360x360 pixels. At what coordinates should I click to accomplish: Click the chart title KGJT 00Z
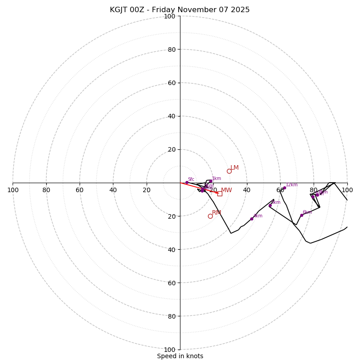[x=180, y=10]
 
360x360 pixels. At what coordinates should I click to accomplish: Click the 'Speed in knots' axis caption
[x=180, y=356]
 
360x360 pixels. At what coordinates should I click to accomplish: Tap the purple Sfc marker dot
[x=187, y=182]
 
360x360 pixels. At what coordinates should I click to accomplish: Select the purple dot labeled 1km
[x=210, y=181]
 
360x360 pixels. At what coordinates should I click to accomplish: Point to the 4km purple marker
[x=252, y=219]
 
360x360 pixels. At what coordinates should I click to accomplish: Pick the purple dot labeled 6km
[x=301, y=215]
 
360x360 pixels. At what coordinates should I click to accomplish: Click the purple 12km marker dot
[x=284, y=188]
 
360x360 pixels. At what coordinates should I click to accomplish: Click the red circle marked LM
[x=229, y=171]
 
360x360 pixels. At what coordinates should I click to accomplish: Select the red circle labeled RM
[x=210, y=216]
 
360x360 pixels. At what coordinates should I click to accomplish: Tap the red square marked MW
[x=220, y=193]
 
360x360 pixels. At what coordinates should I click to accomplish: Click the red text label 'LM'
[x=234, y=168]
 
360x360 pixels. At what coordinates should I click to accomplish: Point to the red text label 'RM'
[x=216, y=213]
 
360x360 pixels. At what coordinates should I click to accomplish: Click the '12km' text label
[x=292, y=185]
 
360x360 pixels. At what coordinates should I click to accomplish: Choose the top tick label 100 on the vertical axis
[x=170, y=16]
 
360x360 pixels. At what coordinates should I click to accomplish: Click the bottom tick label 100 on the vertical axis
[x=170, y=350]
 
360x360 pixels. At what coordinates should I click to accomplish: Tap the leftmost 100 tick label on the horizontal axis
[x=13, y=190]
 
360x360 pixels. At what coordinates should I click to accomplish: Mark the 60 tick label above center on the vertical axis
[x=171, y=83]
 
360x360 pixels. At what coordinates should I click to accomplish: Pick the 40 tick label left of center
[x=113, y=190]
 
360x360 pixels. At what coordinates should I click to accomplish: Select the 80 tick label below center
[x=171, y=316]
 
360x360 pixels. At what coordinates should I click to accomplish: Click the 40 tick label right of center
[x=247, y=190]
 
